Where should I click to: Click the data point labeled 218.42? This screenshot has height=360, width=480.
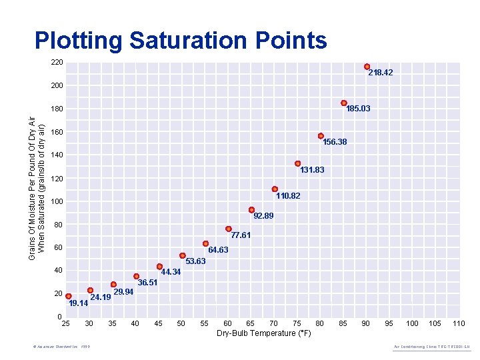[367, 67]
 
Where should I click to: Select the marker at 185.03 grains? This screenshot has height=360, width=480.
[344, 103]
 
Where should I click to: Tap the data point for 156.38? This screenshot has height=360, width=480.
[321, 136]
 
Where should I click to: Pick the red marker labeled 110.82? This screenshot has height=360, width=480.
[275, 189]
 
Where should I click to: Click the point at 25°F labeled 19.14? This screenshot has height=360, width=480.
[68, 296]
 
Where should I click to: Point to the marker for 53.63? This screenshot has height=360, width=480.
[182, 255]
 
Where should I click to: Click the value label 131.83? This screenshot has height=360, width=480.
[312, 171]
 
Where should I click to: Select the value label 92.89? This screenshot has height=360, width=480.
[263, 216]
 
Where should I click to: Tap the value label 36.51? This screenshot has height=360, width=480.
[147, 283]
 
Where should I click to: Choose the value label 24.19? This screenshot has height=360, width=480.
[100, 297]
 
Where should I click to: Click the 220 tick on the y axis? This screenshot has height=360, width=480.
[57, 63]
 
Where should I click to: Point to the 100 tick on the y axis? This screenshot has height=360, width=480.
[57, 201]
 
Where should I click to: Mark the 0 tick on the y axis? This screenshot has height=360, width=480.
[59, 316]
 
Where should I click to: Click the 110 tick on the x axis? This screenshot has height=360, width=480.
[459, 324]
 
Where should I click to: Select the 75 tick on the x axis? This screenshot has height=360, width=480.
[297, 324]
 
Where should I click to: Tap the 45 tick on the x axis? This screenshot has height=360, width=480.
[158, 324]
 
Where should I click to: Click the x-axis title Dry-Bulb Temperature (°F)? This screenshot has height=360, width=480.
[265, 333]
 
